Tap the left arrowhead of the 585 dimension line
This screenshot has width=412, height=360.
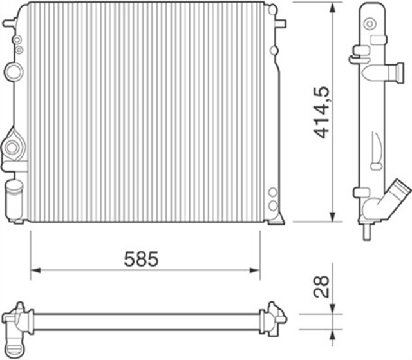36,270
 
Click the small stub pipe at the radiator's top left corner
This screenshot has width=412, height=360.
8,24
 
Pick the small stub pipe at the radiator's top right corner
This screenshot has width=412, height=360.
280,23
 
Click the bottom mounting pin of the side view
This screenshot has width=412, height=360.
366,230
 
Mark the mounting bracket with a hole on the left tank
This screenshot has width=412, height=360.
12,149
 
